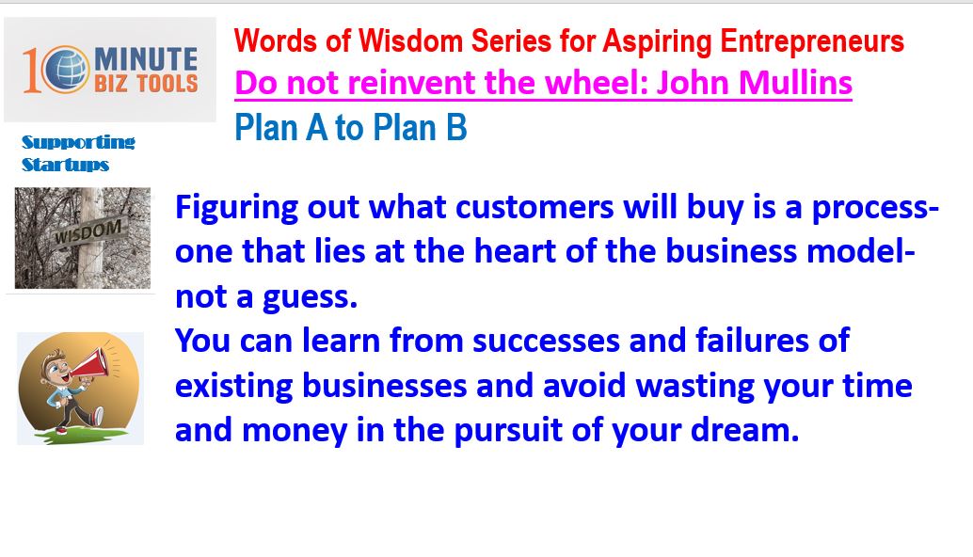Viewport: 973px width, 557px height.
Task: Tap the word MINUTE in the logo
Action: (146, 59)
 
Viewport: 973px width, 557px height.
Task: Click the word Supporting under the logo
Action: (78, 143)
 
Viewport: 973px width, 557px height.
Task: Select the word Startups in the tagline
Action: (65, 165)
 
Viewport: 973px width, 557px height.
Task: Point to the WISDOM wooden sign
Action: (88, 232)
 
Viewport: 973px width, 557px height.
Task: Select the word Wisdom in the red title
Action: (410, 41)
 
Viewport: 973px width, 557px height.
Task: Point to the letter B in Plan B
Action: (456, 128)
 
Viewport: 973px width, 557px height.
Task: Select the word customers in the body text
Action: (534, 207)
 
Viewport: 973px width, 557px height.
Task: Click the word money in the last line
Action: (295, 431)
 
